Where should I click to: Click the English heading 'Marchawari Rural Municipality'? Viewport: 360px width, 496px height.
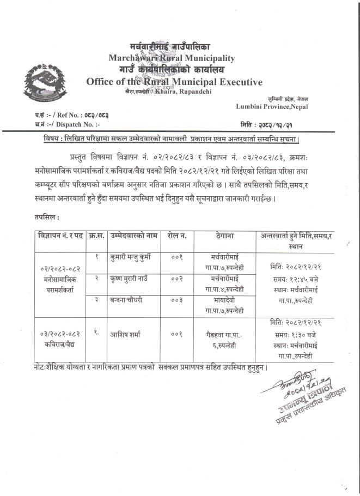pyautogui.click(x=172, y=57)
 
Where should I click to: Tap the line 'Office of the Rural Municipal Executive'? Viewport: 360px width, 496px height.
pyautogui.click(x=174, y=82)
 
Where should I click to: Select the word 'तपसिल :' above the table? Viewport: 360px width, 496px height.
pyautogui.click(x=46, y=217)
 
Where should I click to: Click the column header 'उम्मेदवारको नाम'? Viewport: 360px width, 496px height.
pyautogui.click(x=133, y=235)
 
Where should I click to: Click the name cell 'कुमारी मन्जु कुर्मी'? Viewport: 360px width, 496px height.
pyautogui.click(x=133, y=256)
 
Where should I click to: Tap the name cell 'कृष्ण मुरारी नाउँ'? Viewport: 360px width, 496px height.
pyautogui.click(x=133, y=278)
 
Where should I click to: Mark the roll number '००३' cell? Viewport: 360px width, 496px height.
pyautogui.click(x=177, y=301)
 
